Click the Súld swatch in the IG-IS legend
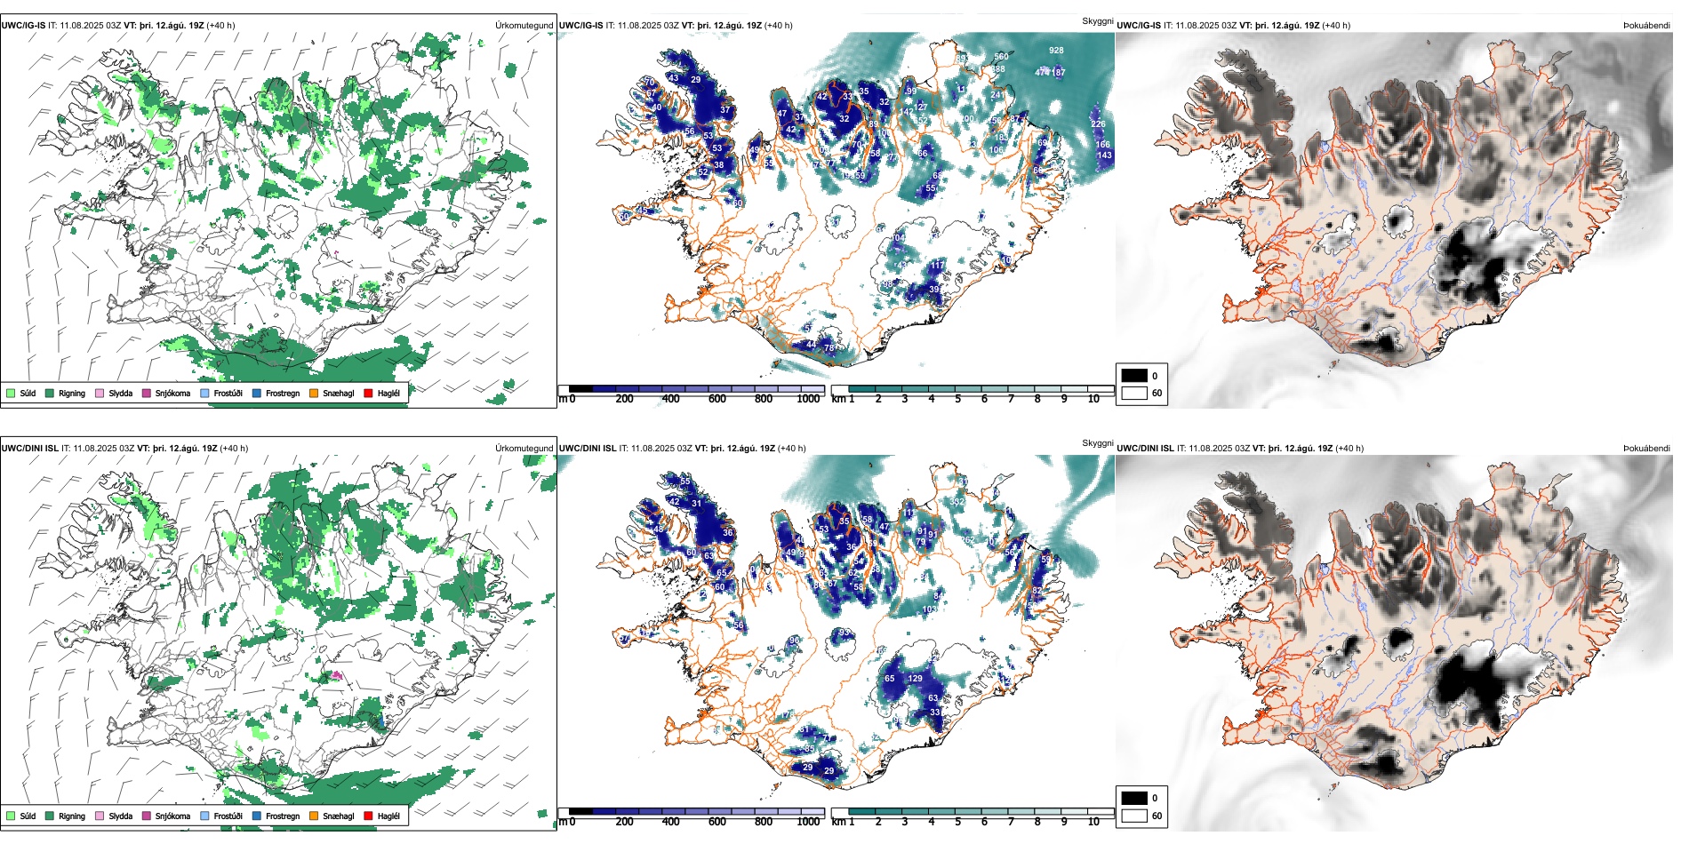tap(11, 393)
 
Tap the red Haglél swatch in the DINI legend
tap(368, 816)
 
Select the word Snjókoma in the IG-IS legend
tap(172, 393)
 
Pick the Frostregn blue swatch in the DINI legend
tap(257, 816)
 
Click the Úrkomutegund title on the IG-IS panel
tap(524, 26)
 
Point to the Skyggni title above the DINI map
tap(1097, 443)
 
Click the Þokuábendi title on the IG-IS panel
tap(1646, 26)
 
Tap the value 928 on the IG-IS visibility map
tap(1056, 51)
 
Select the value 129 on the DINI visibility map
tap(915, 679)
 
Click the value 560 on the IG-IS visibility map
tap(1001, 57)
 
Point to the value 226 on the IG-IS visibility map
tap(1099, 124)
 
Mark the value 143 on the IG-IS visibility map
tap(1104, 155)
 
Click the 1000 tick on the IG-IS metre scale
tap(808, 399)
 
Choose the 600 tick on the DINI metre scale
tap(717, 822)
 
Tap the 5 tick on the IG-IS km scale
tap(957, 399)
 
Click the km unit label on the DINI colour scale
tap(838, 822)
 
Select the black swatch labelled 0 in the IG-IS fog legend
tap(1134, 376)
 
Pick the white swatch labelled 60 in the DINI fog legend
tap(1134, 816)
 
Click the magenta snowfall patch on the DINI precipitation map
tap(337, 676)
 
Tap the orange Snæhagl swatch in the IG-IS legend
tap(314, 393)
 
